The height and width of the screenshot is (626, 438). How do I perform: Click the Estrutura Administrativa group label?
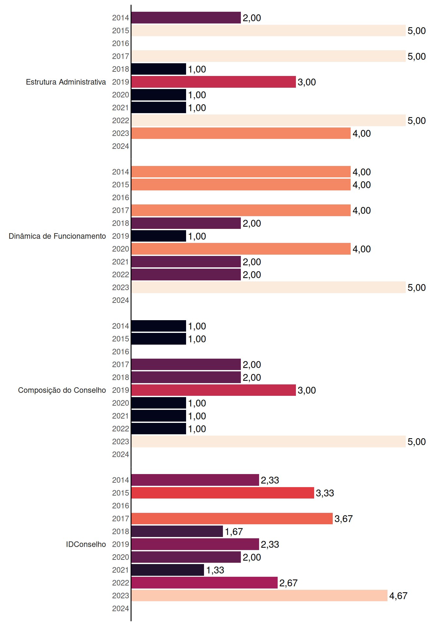click(66, 82)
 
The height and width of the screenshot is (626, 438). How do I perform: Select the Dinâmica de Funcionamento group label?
click(57, 236)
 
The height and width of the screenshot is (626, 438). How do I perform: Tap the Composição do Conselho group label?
click(62, 390)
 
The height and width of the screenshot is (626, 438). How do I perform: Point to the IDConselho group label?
click(86, 544)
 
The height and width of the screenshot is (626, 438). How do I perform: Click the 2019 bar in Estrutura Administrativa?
click(213, 82)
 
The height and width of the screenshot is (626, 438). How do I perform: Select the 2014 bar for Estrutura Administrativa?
click(186, 18)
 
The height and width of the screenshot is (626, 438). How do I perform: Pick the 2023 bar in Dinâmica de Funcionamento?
click(269, 287)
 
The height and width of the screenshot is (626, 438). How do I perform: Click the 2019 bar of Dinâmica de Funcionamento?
click(159, 236)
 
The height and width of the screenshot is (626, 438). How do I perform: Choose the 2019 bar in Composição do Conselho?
click(213, 390)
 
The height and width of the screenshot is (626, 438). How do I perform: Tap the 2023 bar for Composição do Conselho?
click(269, 441)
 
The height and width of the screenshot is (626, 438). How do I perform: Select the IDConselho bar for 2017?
click(232, 518)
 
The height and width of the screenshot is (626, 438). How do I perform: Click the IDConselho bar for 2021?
click(168, 570)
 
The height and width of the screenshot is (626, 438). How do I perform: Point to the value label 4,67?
click(398, 596)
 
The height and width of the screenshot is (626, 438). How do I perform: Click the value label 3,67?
click(343, 519)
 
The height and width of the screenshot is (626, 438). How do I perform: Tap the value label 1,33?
click(215, 570)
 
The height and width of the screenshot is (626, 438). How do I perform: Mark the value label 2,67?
click(288, 583)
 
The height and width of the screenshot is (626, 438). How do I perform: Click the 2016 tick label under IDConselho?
click(121, 506)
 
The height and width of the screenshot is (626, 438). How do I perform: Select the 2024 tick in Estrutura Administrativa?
click(121, 146)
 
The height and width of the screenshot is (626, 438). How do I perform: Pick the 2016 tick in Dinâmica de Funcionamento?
click(121, 198)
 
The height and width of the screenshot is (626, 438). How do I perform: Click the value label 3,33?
click(325, 493)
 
